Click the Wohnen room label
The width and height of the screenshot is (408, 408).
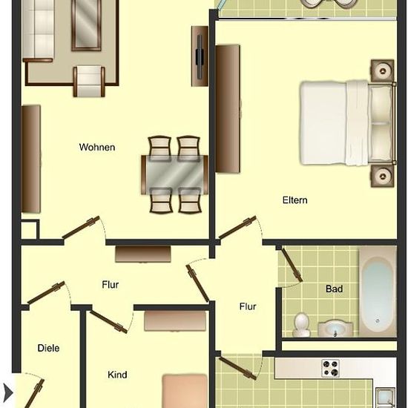[97, 148]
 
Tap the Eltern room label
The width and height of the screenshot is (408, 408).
[295, 200]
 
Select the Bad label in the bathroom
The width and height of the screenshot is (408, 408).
[334, 289]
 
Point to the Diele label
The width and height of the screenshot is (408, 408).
[48, 348]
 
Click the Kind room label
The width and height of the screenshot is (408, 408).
[117, 375]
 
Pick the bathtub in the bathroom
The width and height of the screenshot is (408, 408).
[378, 292]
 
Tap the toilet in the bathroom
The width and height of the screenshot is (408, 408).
[301, 325]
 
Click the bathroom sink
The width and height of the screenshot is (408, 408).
[335, 329]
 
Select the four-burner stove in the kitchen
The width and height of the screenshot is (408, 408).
[330, 368]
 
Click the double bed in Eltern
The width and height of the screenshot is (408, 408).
[348, 123]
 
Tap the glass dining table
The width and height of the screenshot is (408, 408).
[174, 175]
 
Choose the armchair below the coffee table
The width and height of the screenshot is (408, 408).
[89, 82]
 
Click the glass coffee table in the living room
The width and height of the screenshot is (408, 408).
[86, 25]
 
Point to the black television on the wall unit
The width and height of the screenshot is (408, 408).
[200, 56]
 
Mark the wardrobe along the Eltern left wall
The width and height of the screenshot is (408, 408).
[228, 109]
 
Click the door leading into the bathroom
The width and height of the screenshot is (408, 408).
[292, 265]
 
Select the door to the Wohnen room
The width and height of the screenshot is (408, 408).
[81, 227]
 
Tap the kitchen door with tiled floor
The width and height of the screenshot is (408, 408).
[237, 368]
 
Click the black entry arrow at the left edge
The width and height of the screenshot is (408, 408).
[7, 392]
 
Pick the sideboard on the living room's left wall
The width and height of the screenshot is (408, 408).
[31, 159]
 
